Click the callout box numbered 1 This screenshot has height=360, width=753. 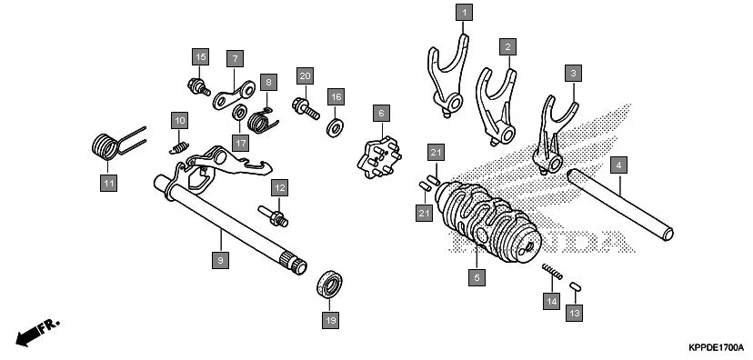coord(464,12)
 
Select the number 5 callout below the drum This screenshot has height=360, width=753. coord(477,277)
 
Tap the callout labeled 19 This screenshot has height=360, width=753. coord(330,320)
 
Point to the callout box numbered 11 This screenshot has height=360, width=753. coord(108,183)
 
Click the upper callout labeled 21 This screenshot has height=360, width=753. coord(436,153)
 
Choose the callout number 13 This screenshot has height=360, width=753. coord(575,313)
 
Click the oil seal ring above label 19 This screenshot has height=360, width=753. coord(329,285)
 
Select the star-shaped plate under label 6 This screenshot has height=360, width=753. coord(379,157)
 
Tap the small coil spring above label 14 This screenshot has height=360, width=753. coord(552,271)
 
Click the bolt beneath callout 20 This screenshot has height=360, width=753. coord(306,108)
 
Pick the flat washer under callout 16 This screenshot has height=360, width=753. coord(335,127)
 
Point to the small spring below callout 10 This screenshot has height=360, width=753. coord(179,148)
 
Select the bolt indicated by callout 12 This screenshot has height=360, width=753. coord(273,215)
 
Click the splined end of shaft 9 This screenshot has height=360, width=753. coord(294,263)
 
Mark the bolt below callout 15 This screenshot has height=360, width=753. coord(199,87)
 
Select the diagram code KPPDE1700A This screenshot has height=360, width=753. coord(716,347)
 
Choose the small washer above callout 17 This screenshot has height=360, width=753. coord(239,114)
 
